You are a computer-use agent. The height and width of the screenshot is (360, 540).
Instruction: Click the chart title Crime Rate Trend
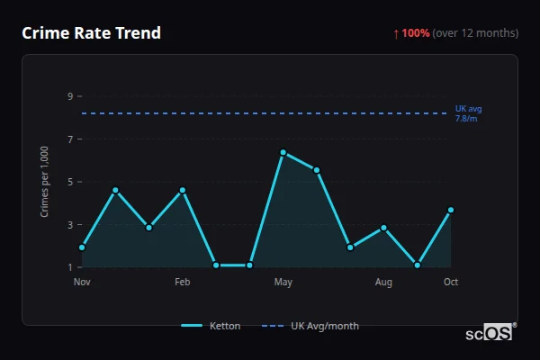91,33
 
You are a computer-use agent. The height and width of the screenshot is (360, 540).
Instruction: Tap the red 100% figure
416,33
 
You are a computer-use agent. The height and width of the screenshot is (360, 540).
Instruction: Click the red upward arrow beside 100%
396,33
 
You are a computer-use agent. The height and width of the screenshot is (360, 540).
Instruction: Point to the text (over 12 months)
475,33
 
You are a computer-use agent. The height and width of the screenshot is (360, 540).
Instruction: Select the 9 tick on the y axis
70,96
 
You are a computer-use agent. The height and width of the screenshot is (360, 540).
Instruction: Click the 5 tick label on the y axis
70,182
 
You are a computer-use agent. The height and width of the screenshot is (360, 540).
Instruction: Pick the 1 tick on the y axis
70,267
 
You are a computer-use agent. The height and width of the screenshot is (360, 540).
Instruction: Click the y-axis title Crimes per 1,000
45,181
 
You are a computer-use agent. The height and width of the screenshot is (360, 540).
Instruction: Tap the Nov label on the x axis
82,283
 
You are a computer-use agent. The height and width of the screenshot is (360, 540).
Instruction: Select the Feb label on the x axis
183,283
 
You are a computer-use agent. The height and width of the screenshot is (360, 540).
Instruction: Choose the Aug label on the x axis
383,283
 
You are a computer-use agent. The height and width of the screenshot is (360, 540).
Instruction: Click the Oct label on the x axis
451,283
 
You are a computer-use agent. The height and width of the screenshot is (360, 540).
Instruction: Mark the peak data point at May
283,152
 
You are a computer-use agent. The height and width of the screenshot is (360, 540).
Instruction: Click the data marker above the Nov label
82,247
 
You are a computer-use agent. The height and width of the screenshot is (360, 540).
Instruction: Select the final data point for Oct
451,210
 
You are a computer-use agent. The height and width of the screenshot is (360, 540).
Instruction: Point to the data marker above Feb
183,190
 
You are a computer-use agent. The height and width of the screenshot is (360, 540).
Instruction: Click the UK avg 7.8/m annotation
468,113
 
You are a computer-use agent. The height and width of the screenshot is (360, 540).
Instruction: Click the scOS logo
490,332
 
